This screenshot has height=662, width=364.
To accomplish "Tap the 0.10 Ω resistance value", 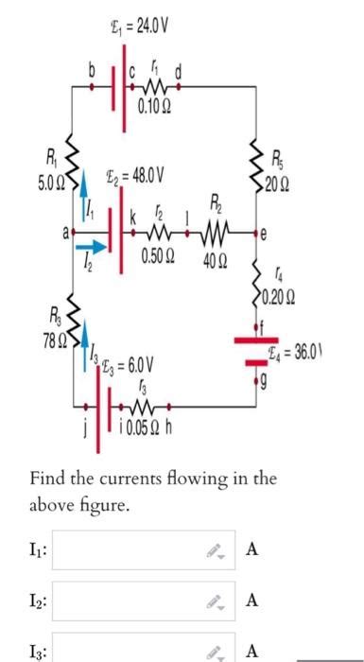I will coord(152,105).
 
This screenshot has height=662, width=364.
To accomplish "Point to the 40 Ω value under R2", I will coord(214,260).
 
